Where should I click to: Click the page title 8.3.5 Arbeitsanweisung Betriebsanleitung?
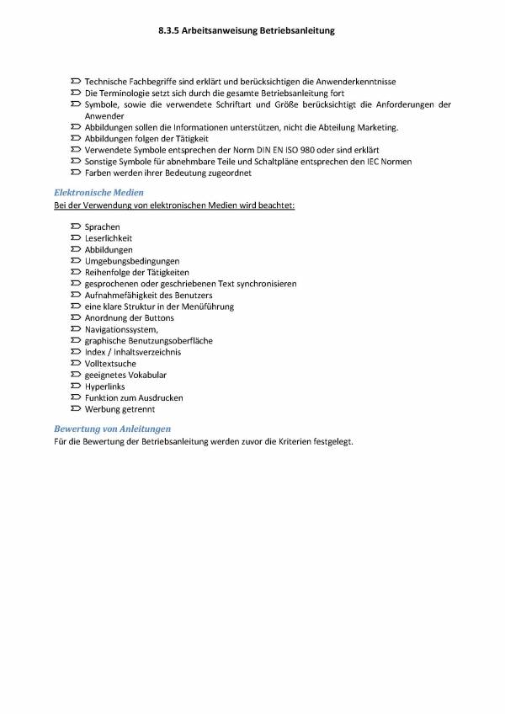(247, 30)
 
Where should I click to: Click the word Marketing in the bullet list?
(375, 127)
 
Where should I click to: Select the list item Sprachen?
(102, 227)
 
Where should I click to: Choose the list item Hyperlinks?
(104, 386)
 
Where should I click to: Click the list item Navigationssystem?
(120, 329)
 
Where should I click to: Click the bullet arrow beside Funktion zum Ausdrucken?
(76, 397)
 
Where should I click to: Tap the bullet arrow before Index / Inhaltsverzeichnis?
(76, 352)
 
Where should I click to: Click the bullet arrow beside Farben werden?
(76, 173)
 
